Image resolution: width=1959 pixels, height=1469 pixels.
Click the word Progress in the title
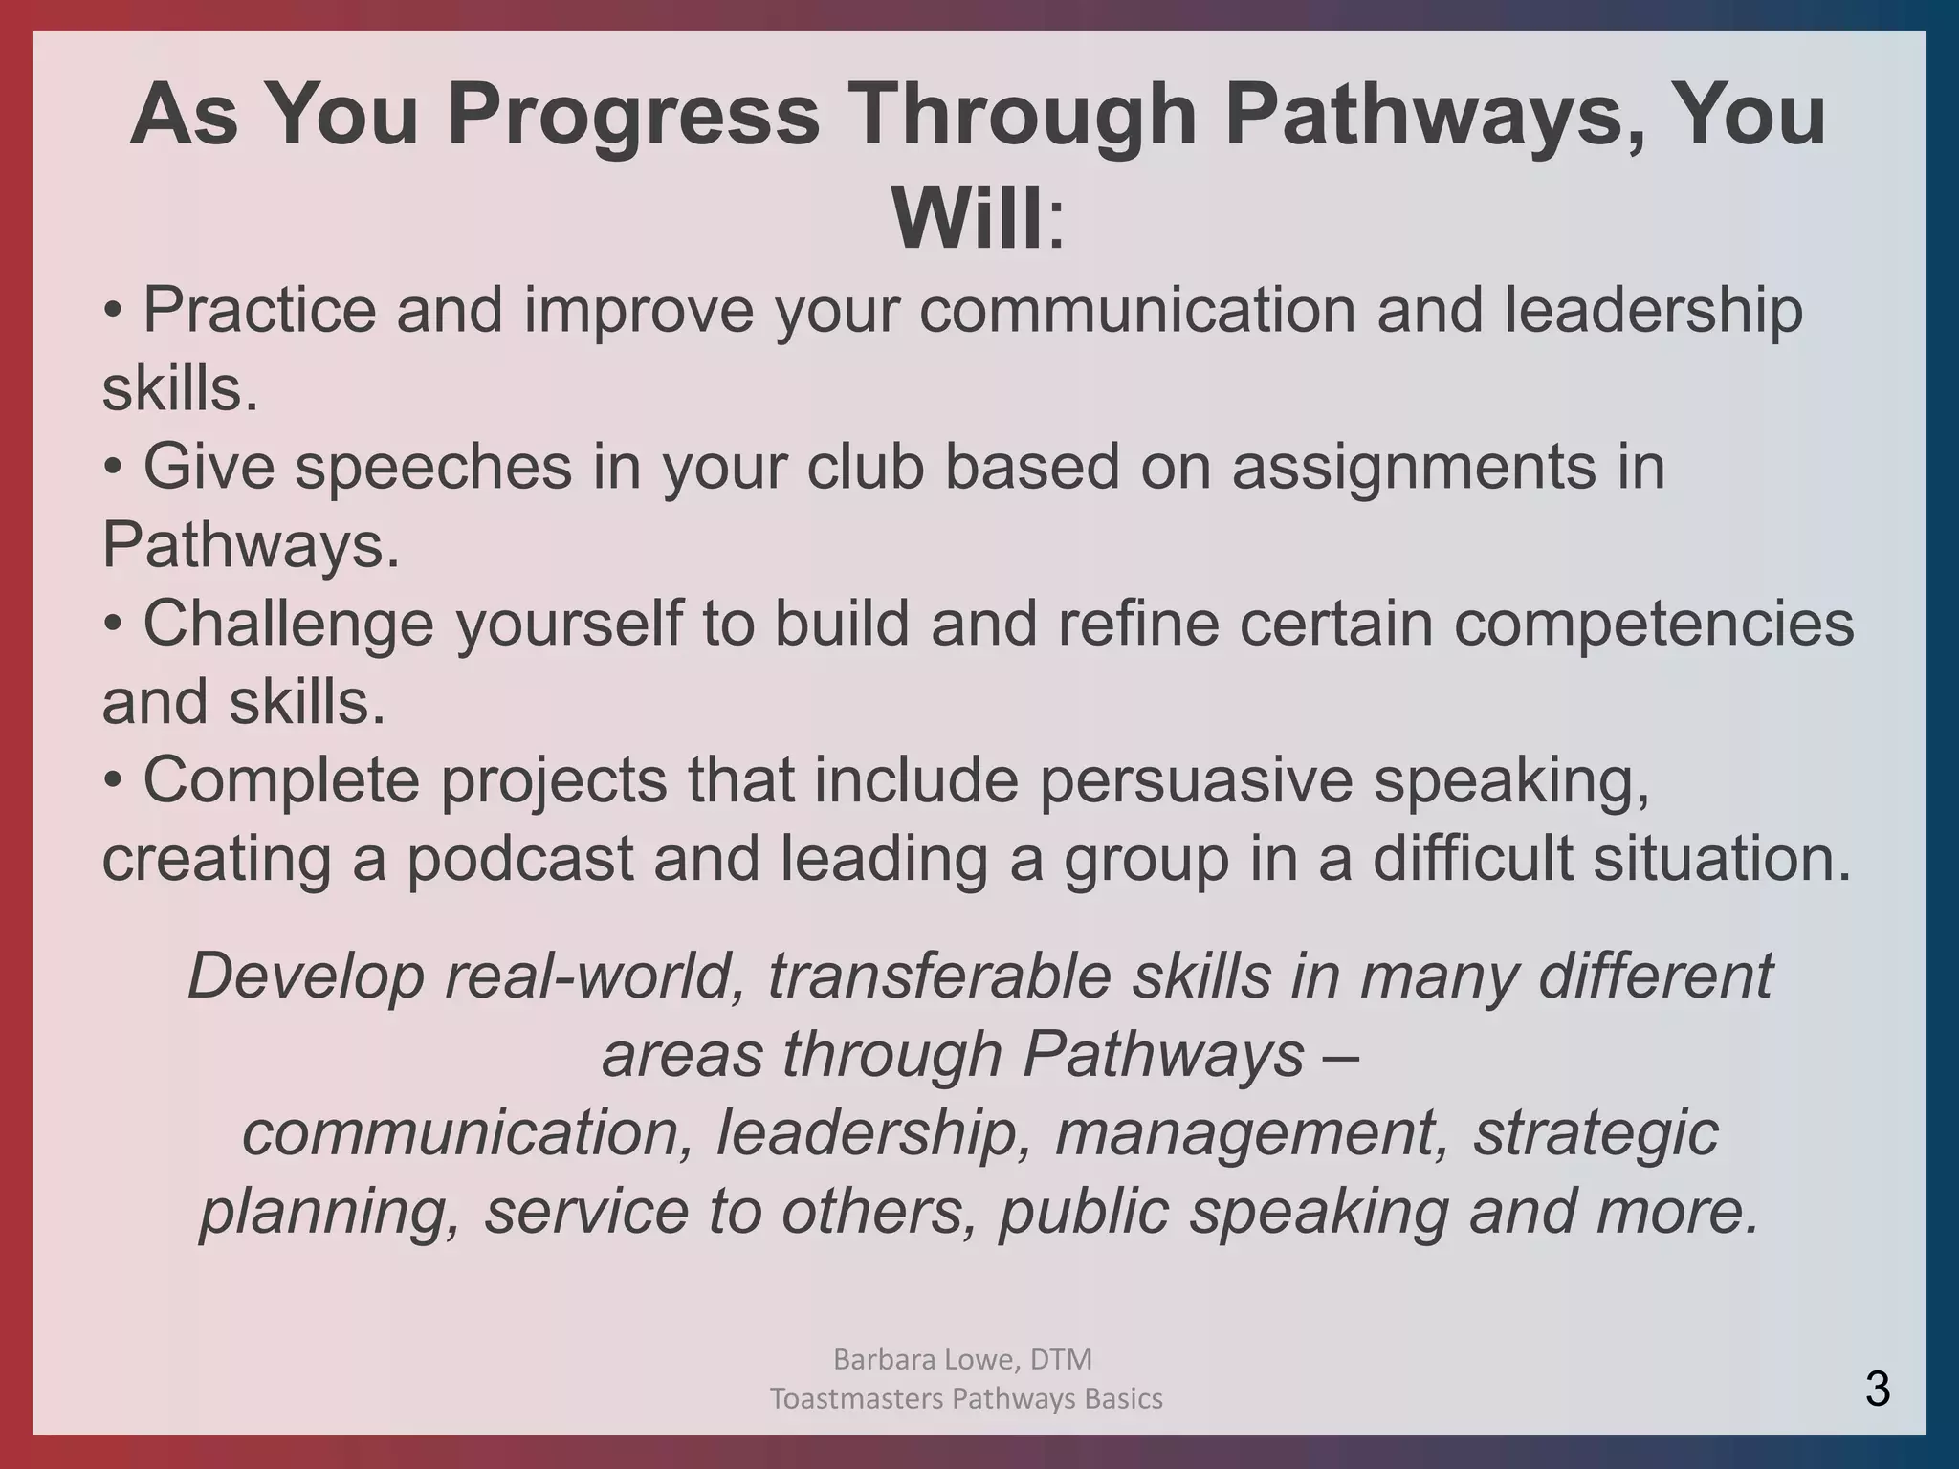pyautogui.click(x=633, y=117)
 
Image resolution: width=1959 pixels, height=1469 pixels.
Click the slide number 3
pyautogui.click(x=1877, y=1389)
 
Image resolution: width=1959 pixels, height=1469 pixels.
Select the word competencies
pyautogui.click(x=1654, y=624)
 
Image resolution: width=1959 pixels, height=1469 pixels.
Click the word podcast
pyautogui.click(x=520, y=859)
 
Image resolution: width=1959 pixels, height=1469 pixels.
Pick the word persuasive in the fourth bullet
pyautogui.click(x=1196, y=780)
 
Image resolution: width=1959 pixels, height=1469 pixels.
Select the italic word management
pyautogui.click(x=1251, y=1132)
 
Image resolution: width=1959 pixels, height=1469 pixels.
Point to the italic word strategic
pyautogui.click(x=1596, y=1132)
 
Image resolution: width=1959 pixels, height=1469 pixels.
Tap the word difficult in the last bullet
pyautogui.click(x=1472, y=859)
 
